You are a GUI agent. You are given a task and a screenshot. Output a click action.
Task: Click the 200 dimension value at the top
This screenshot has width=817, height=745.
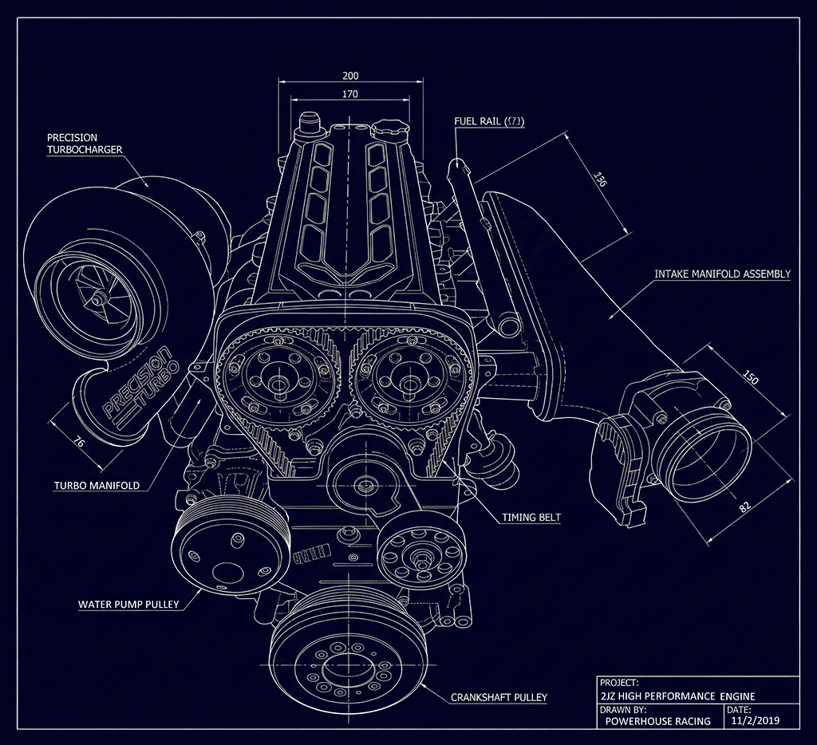[x=350, y=76]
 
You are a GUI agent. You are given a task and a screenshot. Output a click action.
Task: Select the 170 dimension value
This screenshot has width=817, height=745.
[x=350, y=94]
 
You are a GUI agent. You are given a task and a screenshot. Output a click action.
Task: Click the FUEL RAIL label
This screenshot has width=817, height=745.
[x=487, y=121]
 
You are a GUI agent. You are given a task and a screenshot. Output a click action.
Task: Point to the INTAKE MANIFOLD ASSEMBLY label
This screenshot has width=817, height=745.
[x=722, y=274]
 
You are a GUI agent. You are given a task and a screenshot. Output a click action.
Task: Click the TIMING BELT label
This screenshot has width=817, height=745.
[x=531, y=517]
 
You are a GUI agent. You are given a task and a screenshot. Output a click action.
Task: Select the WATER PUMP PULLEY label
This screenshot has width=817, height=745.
[x=128, y=604]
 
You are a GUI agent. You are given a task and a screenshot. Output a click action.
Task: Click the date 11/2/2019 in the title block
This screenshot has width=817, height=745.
[x=754, y=720]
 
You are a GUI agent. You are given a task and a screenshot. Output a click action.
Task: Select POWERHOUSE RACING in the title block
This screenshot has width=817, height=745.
[x=657, y=721]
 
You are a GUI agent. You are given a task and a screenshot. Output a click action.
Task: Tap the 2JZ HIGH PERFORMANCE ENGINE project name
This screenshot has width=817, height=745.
[x=678, y=696]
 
